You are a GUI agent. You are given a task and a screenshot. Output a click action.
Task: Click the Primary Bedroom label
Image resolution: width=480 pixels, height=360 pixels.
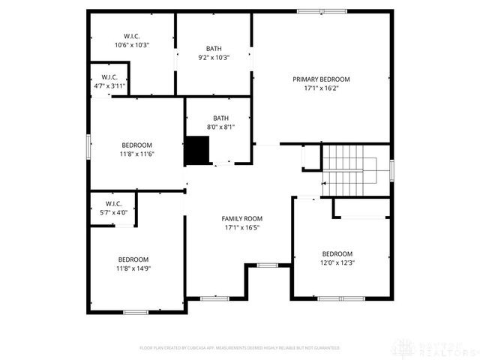tap(321, 79)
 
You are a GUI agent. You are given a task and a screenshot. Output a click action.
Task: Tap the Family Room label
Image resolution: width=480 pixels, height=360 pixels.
tap(241, 219)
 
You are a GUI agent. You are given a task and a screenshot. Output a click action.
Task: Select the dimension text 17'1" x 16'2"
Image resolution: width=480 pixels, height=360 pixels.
tap(321, 87)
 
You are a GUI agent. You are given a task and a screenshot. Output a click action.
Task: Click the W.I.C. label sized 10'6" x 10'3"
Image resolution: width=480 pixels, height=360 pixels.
tap(132, 36)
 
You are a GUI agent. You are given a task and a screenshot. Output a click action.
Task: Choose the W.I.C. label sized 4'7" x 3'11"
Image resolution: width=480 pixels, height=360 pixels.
tap(109, 77)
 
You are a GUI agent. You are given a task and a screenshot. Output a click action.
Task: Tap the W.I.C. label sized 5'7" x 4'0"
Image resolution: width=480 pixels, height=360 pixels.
tap(113, 203)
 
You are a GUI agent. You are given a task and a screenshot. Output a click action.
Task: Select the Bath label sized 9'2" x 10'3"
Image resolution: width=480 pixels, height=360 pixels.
tap(214, 48)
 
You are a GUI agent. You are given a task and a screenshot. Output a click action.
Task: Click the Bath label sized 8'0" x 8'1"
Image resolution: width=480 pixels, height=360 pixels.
tap(220, 118)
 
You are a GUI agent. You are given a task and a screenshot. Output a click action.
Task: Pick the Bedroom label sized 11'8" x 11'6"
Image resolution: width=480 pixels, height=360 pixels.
tap(137, 145)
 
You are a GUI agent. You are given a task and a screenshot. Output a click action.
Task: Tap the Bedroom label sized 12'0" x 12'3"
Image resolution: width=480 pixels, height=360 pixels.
tap(337, 253)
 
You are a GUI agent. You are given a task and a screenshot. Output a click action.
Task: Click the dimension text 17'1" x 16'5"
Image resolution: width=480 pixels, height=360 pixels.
tap(241, 227)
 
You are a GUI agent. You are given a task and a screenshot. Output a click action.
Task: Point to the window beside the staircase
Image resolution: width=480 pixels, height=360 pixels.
tap(391, 170)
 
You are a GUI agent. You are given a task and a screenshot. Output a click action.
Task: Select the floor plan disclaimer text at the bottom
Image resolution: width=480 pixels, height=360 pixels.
tap(240, 348)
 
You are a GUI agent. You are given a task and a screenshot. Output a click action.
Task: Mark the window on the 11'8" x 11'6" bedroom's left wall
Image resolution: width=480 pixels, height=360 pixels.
tap(88, 145)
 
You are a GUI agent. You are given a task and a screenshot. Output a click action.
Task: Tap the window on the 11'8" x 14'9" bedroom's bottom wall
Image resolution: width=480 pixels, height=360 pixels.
tap(136, 311)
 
